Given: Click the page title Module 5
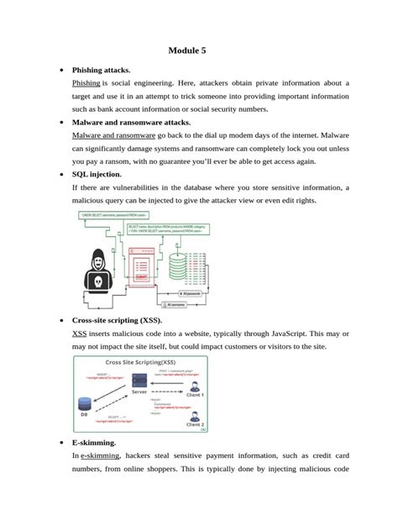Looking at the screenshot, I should (x=186, y=51).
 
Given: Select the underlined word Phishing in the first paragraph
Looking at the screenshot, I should (x=86, y=83).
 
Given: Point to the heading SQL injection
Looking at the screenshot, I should (x=102, y=174).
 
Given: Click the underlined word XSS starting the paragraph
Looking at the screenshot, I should (x=81, y=334).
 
